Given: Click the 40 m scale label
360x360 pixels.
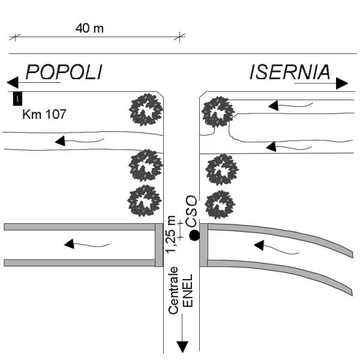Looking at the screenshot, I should pyautogui.click(x=90, y=28).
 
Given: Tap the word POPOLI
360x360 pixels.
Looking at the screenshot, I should pyautogui.click(x=64, y=72).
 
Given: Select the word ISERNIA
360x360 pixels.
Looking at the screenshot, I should pyautogui.click(x=290, y=72).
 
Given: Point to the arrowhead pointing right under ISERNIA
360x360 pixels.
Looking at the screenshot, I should pyautogui.click(x=341, y=83).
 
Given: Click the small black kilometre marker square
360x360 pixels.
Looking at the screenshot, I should pyautogui.click(x=18, y=97).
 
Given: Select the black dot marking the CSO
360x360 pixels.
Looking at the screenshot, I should pyautogui.click(x=194, y=236).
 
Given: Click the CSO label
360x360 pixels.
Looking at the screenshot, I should pyautogui.click(x=192, y=211).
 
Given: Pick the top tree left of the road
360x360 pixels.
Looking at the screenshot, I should pyautogui.click(x=146, y=110).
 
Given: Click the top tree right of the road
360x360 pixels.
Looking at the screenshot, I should pyautogui.click(x=217, y=112).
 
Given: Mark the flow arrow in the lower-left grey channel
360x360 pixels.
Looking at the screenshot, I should pyautogui.click(x=70, y=244).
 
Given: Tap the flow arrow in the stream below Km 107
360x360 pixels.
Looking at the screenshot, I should pyautogui.click(x=60, y=142).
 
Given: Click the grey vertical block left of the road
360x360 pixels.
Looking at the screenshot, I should pyautogui.click(x=159, y=245).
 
